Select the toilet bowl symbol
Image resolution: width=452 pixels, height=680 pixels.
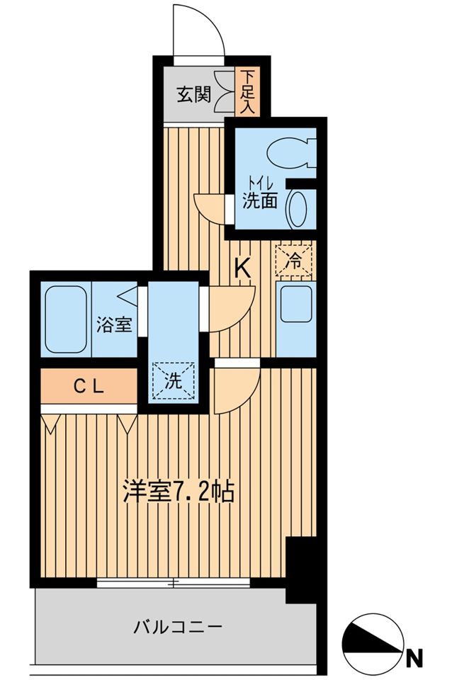pos(290,152)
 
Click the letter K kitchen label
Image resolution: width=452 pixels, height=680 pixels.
pos(243,268)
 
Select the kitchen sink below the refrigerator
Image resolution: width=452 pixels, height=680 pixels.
pos(295,302)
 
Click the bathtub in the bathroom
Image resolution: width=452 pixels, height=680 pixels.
pos(64,319)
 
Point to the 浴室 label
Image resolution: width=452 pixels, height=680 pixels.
pos(113,325)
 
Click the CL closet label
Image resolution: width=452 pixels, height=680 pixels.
pos(90,386)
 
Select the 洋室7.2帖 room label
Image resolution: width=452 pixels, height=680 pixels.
pos(179,492)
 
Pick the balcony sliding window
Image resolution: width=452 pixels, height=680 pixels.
pos(174,583)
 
